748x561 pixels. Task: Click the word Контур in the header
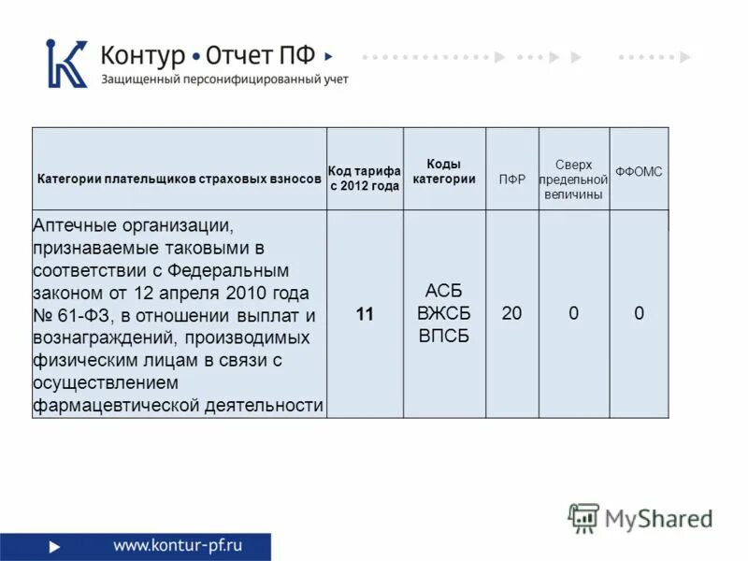click(x=143, y=55)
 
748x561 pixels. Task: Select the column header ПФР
click(x=511, y=180)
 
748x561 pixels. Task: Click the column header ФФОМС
click(x=639, y=172)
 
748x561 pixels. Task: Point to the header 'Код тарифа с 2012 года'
click(x=365, y=179)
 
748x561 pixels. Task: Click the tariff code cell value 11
click(x=365, y=314)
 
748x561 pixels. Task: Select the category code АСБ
click(x=443, y=291)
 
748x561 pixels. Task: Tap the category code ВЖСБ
click(x=443, y=313)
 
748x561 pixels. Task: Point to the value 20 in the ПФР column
click(x=511, y=314)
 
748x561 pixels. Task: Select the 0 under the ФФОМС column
click(x=639, y=314)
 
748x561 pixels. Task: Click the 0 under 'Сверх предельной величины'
click(x=573, y=314)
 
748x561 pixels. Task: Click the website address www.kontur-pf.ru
click(x=178, y=545)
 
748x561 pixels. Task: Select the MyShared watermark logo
click(x=640, y=517)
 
